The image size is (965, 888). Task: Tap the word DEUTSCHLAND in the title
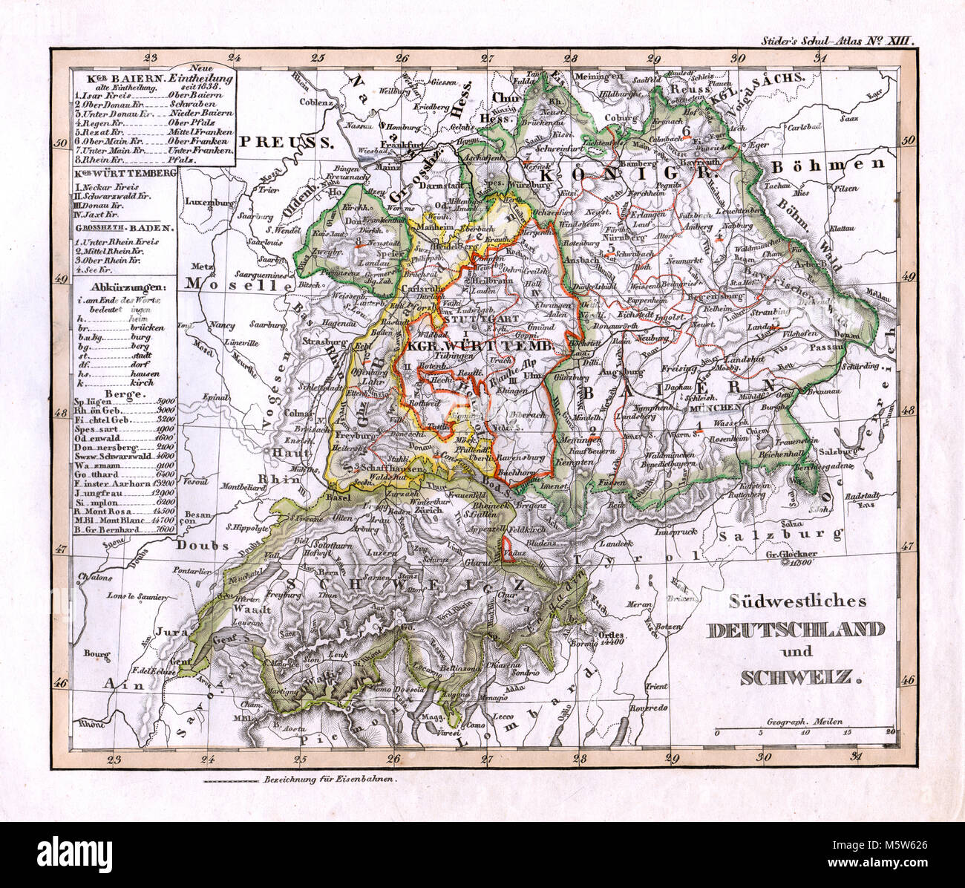tap(795, 630)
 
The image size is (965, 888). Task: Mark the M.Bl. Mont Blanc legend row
tap(124, 521)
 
